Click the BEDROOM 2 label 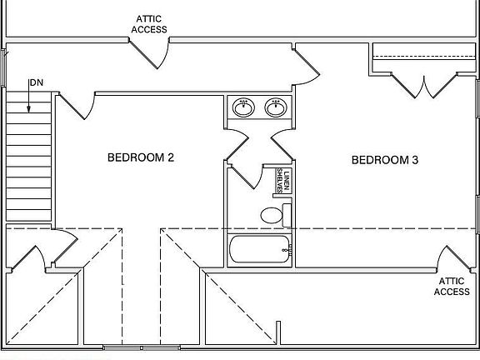(141, 157)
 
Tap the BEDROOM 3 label (385, 160)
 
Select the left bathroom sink (243, 107)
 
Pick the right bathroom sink (276, 107)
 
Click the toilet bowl (272, 215)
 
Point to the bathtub (259, 249)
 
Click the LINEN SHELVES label (283, 181)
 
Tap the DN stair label (37, 82)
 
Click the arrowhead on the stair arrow (29, 109)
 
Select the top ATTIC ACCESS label (149, 24)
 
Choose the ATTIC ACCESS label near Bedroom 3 (452, 286)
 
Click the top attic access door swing (149, 54)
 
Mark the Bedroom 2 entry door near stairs (77, 106)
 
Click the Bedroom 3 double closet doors (424, 86)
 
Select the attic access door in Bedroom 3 (454, 257)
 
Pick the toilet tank (287, 215)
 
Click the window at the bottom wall (142, 347)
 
